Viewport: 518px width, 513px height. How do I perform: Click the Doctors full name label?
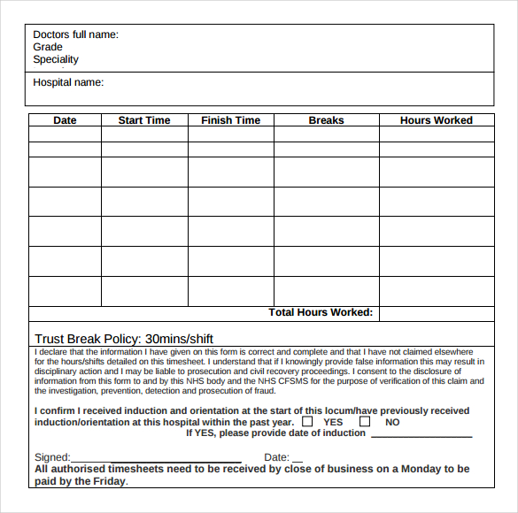pos(75,34)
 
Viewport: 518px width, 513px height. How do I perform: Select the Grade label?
pos(48,47)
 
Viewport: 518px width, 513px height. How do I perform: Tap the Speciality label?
pos(56,59)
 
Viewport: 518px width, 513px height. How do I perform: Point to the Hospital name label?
pos(68,82)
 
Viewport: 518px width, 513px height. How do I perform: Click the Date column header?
pos(65,120)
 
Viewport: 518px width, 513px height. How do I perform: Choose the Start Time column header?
pos(144,120)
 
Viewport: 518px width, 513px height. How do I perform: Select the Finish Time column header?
pos(231,120)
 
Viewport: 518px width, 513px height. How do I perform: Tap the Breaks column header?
pos(327,120)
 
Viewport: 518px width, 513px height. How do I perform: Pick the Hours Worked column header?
pos(437,120)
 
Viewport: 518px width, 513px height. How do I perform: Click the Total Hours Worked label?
pos(321,312)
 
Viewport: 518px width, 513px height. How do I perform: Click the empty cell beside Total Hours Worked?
pos(437,313)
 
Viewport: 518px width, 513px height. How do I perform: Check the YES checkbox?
pos(307,422)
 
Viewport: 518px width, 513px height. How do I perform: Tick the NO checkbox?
pos(364,422)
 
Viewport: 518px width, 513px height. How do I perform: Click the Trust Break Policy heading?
pos(124,339)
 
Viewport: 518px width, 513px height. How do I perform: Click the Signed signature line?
pos(156,461)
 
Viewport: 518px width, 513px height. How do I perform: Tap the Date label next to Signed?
pos(277,457)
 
